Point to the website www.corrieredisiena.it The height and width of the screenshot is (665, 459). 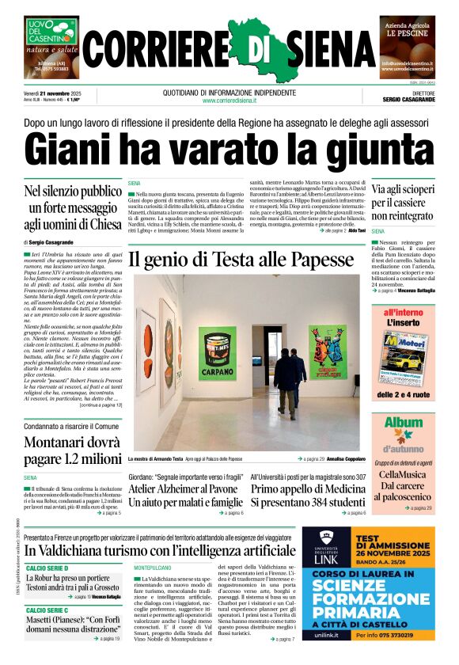pyautogui.click(x=229, y=101)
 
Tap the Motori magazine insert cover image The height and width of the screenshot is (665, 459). pyautogui.click(x=404, y=355)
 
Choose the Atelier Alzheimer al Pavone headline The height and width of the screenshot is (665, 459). pyautogui.click(x=185, y=495)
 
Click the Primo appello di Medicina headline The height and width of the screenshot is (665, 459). pyautogui.click(x=308, y=495)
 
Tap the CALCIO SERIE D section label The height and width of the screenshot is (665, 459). pyautogui.click(x=47, y=568)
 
